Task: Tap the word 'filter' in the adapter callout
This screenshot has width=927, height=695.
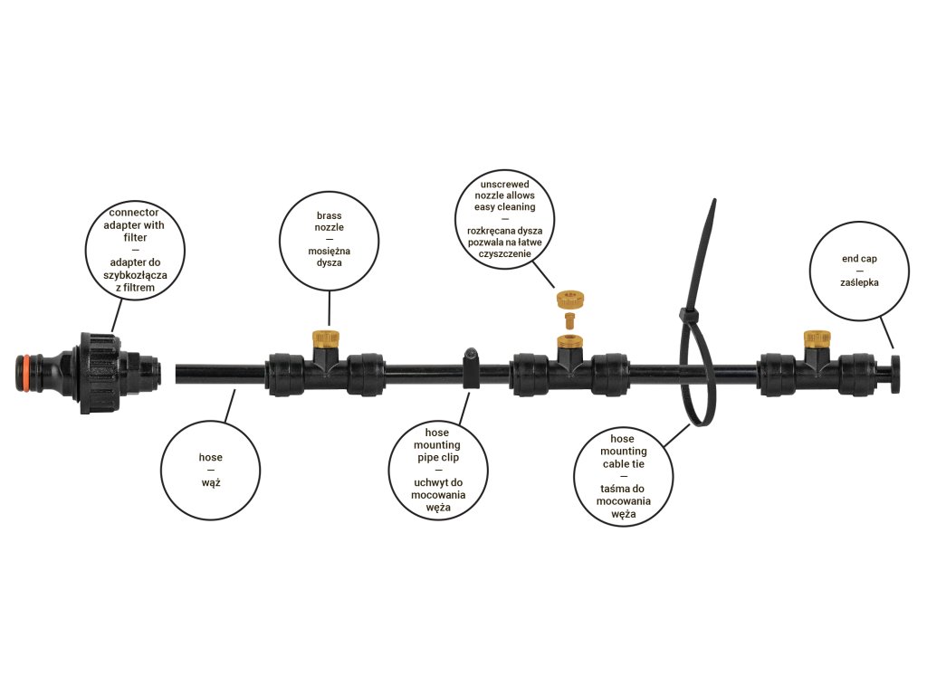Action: click(134, 236)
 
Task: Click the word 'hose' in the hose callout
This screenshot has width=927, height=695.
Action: click(211, 457)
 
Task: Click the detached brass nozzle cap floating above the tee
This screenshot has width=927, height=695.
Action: click(569, 298)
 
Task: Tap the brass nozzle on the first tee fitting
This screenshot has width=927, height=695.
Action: click(326, 341)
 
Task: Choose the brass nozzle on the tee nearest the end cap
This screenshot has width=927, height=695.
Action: click(817, 340)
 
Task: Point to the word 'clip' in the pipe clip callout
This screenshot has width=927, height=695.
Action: click(454, 458)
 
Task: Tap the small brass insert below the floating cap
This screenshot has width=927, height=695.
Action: click(569, 319)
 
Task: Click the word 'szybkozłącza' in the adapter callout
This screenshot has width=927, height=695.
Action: click(134, 274)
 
